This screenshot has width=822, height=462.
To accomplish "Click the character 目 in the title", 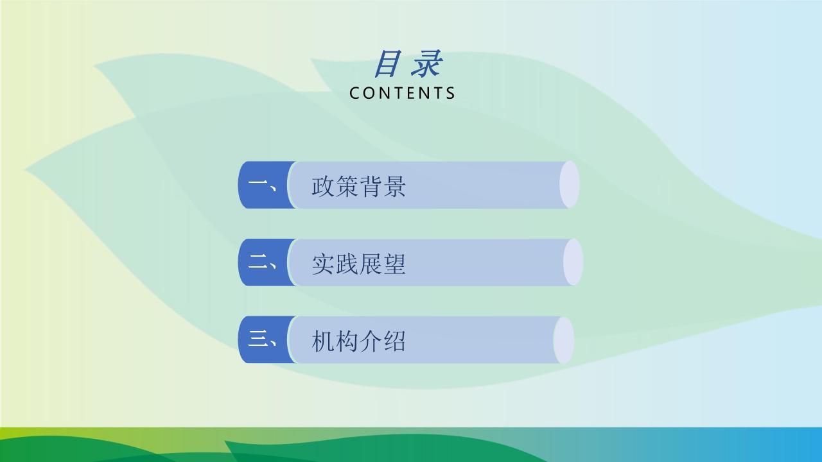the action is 387,64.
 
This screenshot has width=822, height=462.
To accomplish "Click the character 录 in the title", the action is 426,64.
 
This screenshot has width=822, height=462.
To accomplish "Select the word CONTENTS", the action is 402,93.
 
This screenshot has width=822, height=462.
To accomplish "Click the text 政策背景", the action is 358,186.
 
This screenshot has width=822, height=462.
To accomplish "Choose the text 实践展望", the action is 358,264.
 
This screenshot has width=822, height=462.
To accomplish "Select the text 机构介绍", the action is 358,341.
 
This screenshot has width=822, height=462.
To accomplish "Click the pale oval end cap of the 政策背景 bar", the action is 569,184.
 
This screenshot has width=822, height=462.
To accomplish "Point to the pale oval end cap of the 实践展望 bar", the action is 573,262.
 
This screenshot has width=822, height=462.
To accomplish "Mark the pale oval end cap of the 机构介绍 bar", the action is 563,340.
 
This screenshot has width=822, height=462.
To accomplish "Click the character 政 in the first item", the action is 323,186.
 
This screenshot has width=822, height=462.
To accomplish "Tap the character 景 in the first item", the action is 394,186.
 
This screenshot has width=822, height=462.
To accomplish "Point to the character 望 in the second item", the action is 394,264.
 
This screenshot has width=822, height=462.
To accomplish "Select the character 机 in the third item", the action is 323,341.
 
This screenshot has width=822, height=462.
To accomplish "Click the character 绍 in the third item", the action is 394,341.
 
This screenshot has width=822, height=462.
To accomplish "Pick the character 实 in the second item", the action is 323,264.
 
